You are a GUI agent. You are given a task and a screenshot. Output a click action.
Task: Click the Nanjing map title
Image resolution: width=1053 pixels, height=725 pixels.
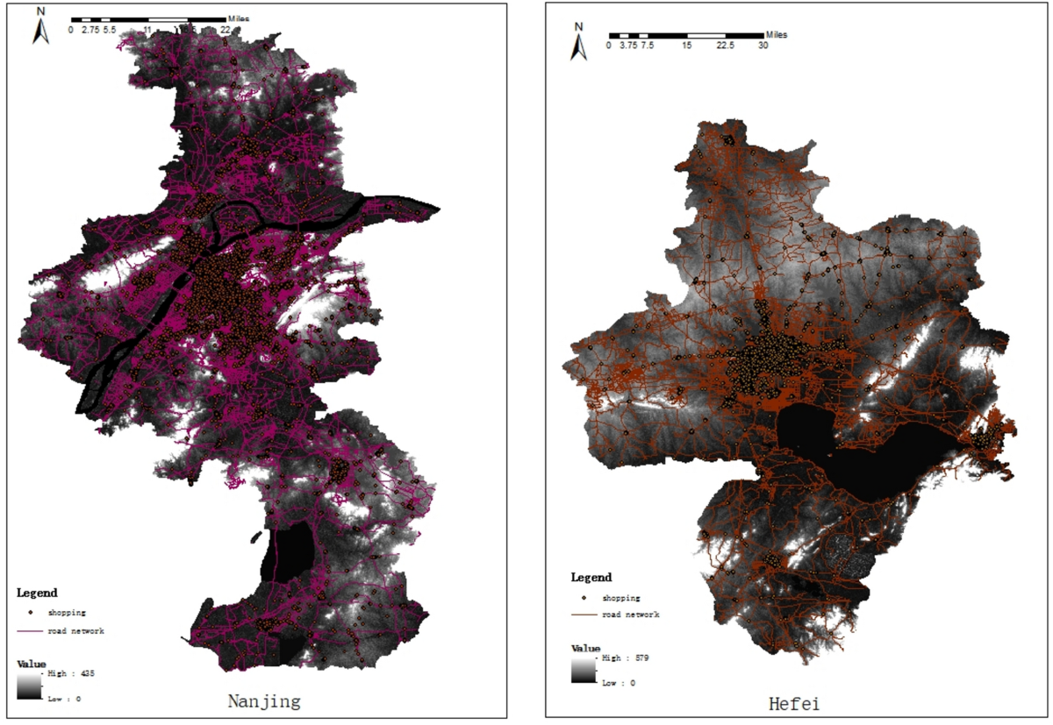point(264,701)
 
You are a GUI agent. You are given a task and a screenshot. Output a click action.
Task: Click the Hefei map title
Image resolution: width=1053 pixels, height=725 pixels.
point(795,703)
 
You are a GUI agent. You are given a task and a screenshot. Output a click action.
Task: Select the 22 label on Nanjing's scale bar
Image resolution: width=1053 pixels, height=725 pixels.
point(225,29)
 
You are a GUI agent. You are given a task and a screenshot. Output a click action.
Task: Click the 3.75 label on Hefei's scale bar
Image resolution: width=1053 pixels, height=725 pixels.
point(627,46)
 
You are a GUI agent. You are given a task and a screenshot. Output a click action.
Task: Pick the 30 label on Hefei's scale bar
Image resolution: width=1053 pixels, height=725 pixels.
point(763,46)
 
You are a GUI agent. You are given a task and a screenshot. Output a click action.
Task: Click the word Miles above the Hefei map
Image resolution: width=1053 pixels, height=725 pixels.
point(776,35)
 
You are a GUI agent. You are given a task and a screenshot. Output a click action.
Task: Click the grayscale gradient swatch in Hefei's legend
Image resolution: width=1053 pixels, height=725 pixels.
point(584,671)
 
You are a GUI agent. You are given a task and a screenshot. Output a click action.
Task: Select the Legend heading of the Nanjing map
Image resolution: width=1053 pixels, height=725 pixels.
point(37,594)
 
